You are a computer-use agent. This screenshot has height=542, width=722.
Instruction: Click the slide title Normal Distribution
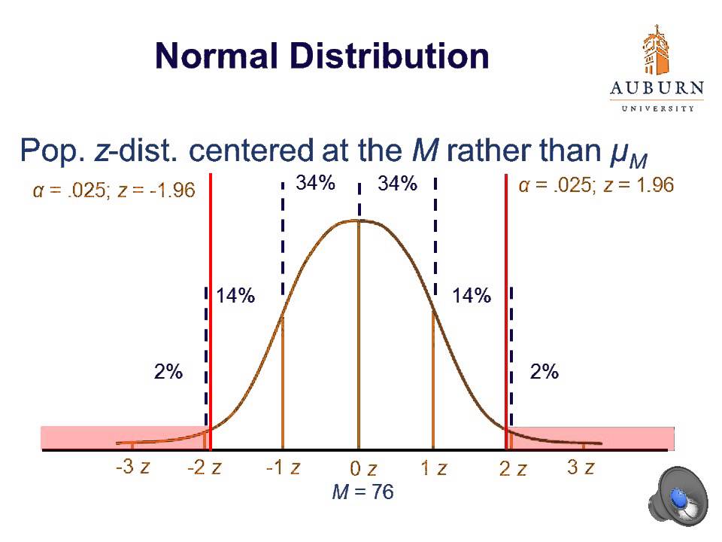(x=322, y=56)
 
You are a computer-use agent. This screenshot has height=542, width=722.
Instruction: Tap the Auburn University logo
(x=657, y=68)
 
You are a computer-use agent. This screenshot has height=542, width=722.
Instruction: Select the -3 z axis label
(x=132, y=467)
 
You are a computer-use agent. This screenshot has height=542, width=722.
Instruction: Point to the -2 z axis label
(x=204, y=467)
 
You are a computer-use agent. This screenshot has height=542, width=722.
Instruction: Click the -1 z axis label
(x=283, y=467)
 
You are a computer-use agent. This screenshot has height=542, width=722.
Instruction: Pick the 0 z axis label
(x=363, y=470)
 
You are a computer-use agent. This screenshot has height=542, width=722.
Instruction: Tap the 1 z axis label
(x=433, y=468)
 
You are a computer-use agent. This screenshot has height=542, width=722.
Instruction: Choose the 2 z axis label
(x=513, y=469)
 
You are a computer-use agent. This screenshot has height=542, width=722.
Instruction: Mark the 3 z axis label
(x=581, y=467)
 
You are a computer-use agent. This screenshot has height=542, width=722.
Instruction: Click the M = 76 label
(x=363, y=492)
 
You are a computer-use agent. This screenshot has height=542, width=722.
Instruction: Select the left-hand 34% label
(x=315, y=184)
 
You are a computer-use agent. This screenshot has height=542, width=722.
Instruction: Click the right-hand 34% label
(x=398, y=184)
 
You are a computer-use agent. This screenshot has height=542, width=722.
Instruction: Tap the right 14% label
(x=472, y=297)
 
